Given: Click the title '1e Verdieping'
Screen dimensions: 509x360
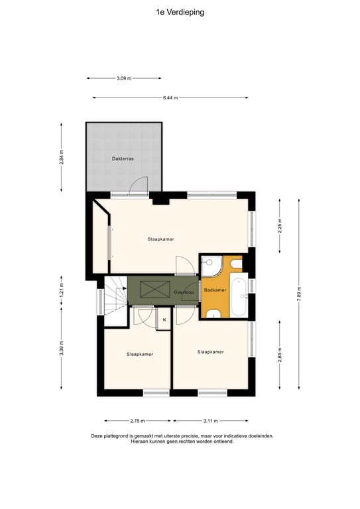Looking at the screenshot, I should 180,11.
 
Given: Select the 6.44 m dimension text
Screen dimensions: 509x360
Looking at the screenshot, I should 171,98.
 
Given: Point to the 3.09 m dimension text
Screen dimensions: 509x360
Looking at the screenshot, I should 123,78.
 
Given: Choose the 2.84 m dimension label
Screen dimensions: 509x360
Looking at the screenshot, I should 61,160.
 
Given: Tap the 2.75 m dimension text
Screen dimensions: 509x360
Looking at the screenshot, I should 138,421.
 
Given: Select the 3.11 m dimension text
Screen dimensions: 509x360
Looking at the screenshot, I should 210,421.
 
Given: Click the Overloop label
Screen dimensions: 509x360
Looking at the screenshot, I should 183,292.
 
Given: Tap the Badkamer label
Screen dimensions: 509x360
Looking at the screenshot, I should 215,290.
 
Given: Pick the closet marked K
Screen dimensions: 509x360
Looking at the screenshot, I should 164,320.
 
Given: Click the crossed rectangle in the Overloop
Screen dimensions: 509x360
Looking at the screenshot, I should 151,289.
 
